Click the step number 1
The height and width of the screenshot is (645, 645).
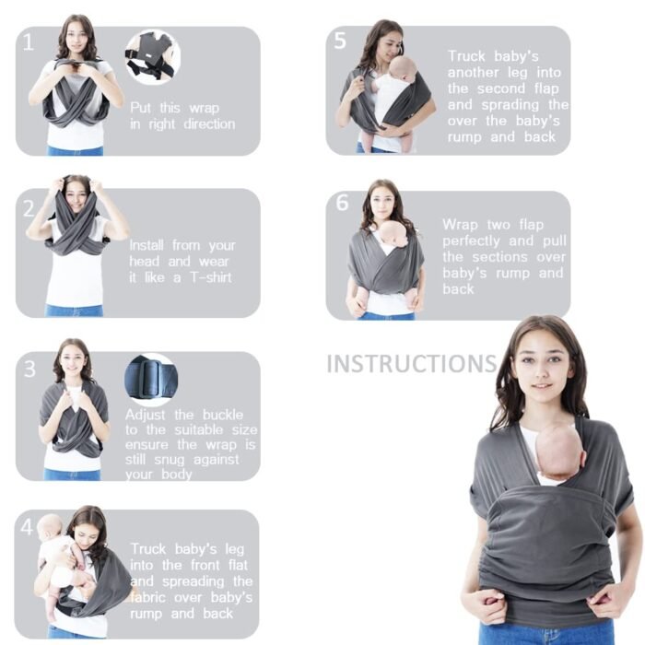point(28,42)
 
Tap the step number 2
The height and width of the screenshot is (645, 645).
point(29,208)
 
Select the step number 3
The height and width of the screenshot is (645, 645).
point(29,369)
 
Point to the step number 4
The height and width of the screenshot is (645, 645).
point(27,526)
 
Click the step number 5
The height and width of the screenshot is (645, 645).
point(340,41)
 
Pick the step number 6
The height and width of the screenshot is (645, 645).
point(342,203)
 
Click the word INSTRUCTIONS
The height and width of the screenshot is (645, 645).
point(412,364)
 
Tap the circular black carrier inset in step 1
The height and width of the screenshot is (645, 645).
point(153,57)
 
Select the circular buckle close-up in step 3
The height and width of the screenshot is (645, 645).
point(151,380)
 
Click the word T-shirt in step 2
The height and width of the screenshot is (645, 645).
point(211,277)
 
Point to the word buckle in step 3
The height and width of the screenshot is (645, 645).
point(223,415)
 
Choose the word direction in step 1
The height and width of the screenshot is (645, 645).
point(209,124)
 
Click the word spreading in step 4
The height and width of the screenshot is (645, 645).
point(193,581)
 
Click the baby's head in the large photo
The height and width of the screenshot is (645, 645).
point(560,451)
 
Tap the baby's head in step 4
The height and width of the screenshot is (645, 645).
point(50,526)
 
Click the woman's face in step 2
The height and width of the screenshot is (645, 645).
point(76,196)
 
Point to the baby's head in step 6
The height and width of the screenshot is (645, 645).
point(393,233)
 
